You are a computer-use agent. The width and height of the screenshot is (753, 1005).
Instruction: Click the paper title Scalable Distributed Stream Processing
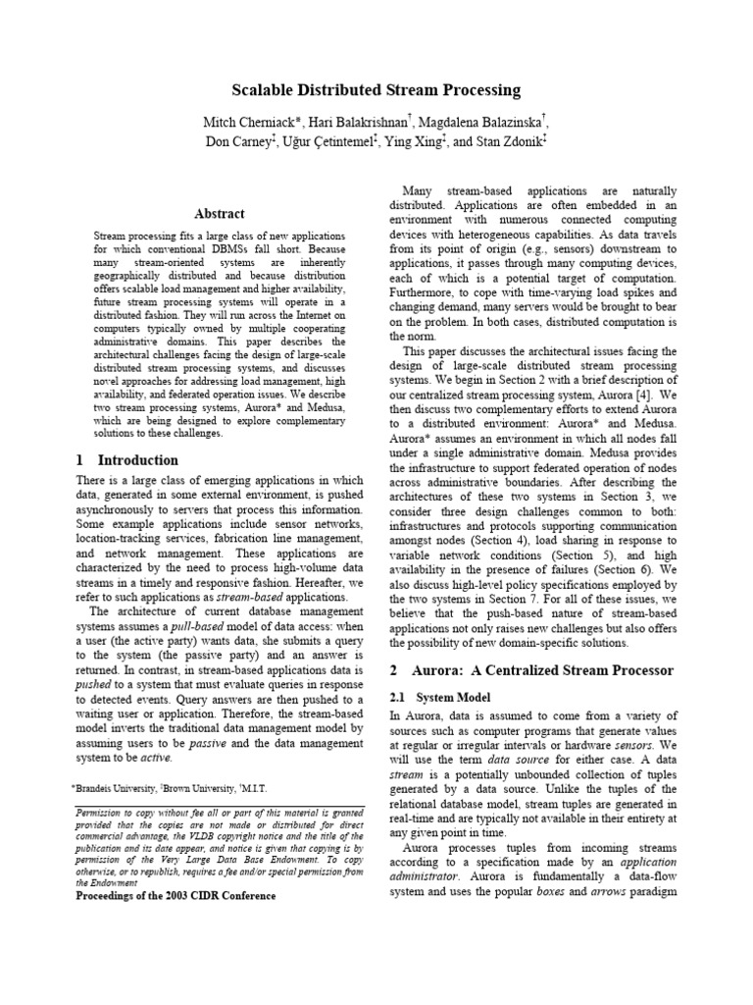(x=376, y=90)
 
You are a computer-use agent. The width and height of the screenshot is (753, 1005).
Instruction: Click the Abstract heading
(x=220, y=213)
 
